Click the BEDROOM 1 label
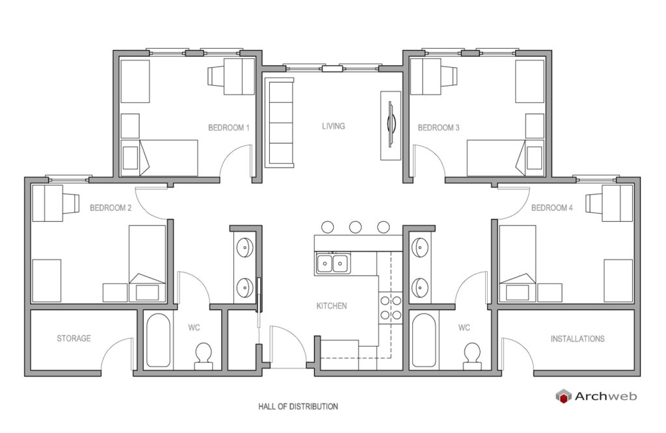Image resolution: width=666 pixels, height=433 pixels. (x=228, y=128)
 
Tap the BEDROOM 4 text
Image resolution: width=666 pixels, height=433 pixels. (x=552, y=208)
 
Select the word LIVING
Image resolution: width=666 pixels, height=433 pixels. (x=334, y=126)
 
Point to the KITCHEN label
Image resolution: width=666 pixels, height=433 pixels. (x=332, y=306)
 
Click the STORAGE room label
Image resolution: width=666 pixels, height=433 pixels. (x=74, y=338)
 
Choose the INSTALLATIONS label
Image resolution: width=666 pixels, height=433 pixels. (x=578, y=339)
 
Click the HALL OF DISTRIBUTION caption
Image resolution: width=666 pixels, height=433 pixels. (x=298, y=406)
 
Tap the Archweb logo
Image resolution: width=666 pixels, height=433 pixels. (x=596, y=396)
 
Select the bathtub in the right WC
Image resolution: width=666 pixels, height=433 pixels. (x=424, y=340)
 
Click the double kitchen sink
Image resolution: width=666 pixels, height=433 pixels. (x=332, y=263)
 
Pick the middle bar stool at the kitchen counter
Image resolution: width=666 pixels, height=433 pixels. (x=356, y=227)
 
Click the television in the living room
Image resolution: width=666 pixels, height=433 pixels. (x=391, y=125)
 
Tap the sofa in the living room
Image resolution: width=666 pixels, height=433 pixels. (x=279, y=122)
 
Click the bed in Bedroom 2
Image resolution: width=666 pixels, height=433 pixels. (x=148, y=263)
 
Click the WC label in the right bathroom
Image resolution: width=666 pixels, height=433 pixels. (x=464, y=328)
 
